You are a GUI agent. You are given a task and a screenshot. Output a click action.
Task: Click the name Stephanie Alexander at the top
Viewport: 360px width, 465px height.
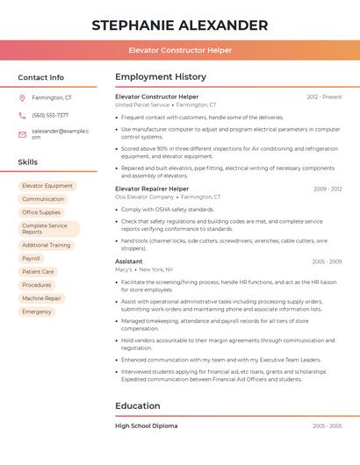[x=179, y=25]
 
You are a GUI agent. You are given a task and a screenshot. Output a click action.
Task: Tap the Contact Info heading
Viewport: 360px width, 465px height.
[x=40, y=77]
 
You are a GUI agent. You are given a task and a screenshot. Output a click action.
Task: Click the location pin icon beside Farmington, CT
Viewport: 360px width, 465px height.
[x=22, y=98]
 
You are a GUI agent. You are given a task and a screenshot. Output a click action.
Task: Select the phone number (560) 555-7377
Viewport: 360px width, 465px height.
[x=50, y=115]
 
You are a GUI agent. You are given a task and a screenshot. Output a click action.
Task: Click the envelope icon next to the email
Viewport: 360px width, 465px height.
[x=22, y=134]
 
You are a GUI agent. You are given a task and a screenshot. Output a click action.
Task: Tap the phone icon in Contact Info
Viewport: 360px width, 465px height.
[x=22, y=115]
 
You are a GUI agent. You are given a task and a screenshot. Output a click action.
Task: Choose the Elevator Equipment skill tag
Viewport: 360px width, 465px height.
[x=47, y=186]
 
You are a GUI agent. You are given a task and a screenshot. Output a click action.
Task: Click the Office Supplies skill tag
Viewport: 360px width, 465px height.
[x=41, y=212]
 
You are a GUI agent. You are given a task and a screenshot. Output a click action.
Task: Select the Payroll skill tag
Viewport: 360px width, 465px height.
[x=32, y=259]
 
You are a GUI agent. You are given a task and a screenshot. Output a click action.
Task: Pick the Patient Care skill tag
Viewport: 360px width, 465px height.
[x=38, y=272]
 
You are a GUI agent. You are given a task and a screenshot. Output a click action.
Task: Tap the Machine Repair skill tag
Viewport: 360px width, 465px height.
[x=41, y=298]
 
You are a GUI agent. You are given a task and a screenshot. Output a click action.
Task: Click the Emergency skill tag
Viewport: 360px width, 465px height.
[x=37, y=311]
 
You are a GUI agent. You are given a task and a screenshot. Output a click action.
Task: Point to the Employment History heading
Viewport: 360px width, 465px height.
[x=161, y=77]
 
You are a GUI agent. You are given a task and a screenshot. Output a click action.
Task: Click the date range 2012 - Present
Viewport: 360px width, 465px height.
[x=324, y=97]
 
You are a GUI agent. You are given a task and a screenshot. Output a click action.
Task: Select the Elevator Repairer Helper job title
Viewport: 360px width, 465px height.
[x=152, y=189]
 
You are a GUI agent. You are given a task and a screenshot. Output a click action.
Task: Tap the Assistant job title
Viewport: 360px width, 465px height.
[x=128, y=261]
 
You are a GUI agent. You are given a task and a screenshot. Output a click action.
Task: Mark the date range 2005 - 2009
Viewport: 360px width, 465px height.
[x=327, y=261]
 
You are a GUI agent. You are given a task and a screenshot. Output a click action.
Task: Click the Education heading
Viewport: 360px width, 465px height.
[x=138, y=406]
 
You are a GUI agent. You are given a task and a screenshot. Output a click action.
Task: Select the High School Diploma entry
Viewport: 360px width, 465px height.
[x=146, y=426]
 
